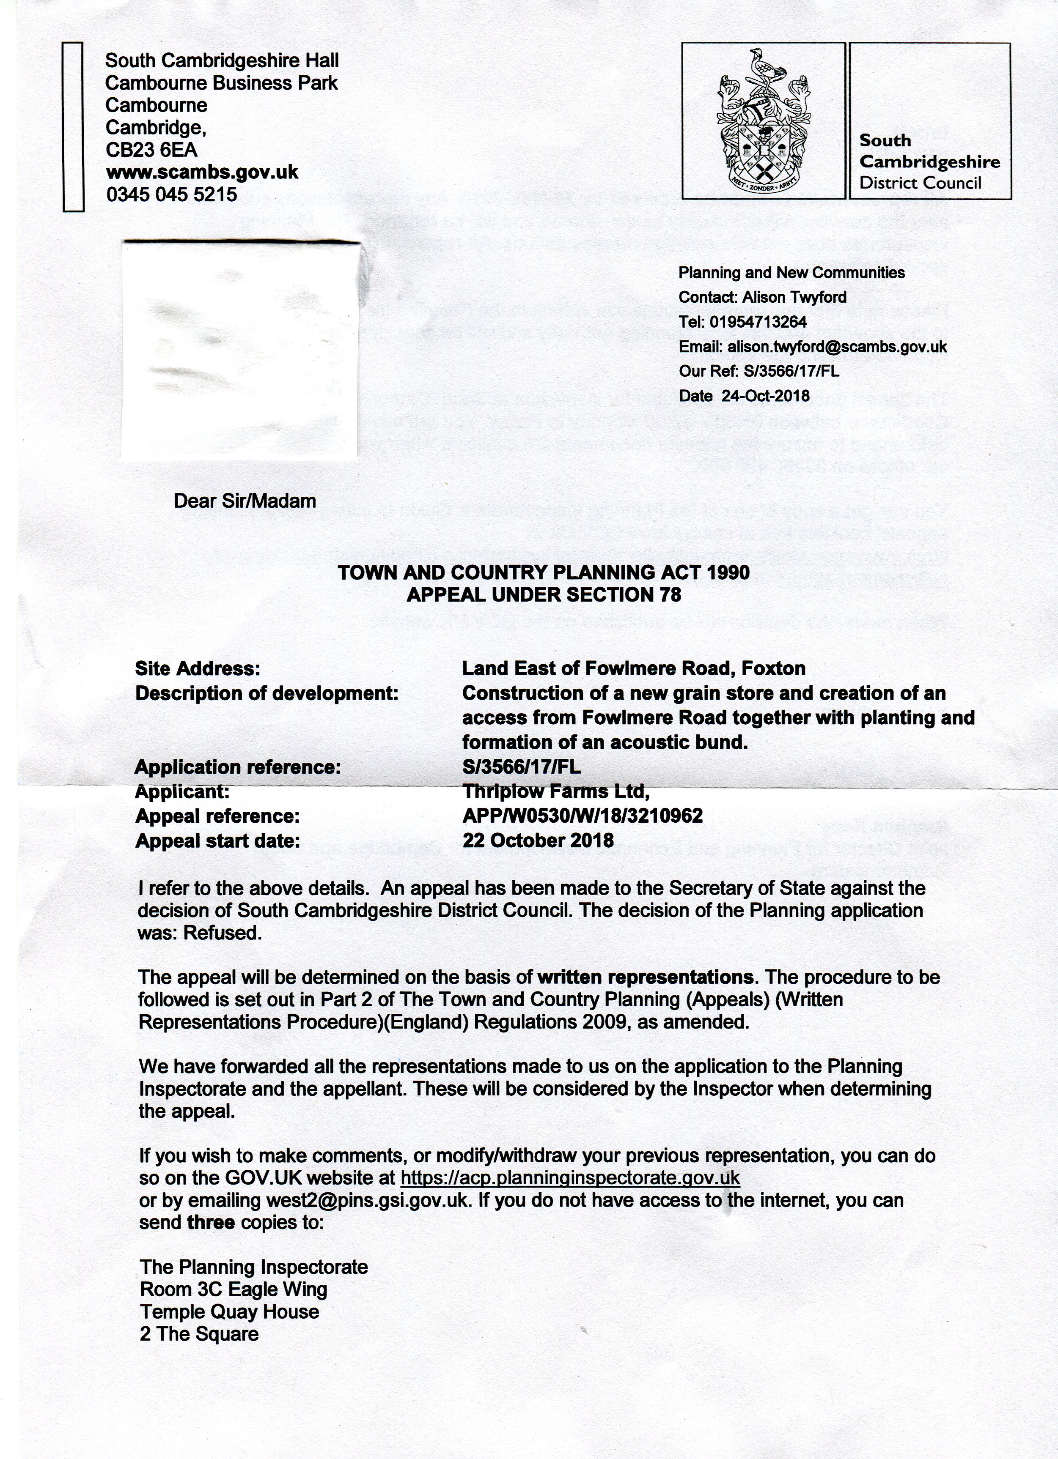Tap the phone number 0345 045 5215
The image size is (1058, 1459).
tap(171, 194)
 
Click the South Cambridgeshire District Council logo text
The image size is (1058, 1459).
tap(929, 162)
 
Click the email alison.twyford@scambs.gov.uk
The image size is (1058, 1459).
tap(837, 347)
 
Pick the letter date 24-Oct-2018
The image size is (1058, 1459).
tap(765, 396)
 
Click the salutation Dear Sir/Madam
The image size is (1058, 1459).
tap(245, 501)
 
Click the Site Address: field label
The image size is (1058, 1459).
tap(198, 668)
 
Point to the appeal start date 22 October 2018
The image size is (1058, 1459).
tap(538, 840)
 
